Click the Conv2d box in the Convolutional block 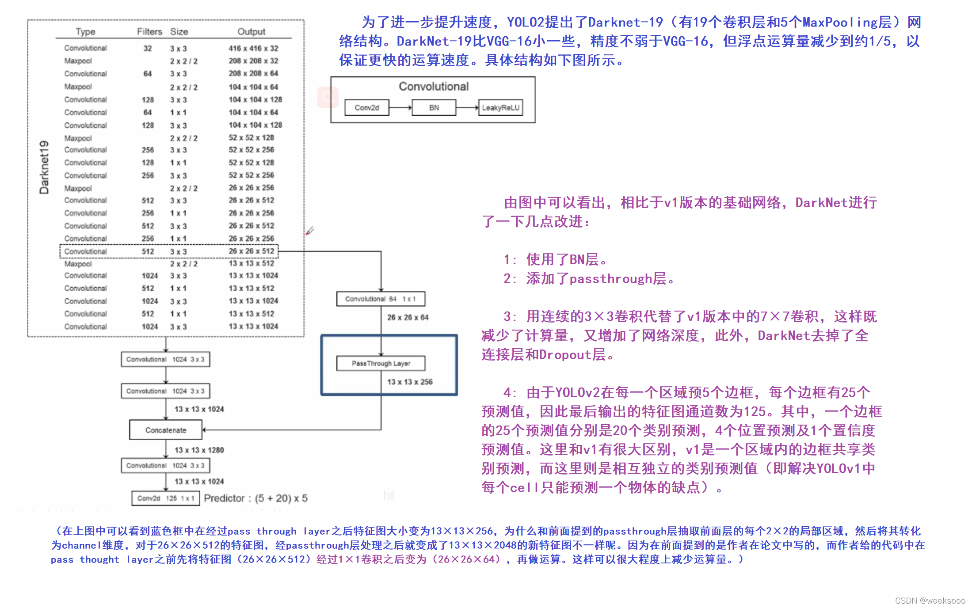point(367,108)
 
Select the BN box point(434,108)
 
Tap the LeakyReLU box point(500,108)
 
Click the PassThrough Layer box point(381,363)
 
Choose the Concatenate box point(166,430)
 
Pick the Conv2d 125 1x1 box point(165,498)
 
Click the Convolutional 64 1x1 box point(381,299)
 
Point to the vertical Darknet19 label point(44,167)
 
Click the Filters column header point(149,32)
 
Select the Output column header point(252,32)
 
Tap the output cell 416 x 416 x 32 point(253,48)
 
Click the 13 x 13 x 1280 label point(199,450)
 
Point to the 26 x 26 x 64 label point(408,317)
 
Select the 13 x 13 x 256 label point(410,382)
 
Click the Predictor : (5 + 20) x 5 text point(255,498)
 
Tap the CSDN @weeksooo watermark point(930,600)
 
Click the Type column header point(85,32)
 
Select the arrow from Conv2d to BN point(400,108)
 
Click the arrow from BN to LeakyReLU point(467,108)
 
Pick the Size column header point(179,32)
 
